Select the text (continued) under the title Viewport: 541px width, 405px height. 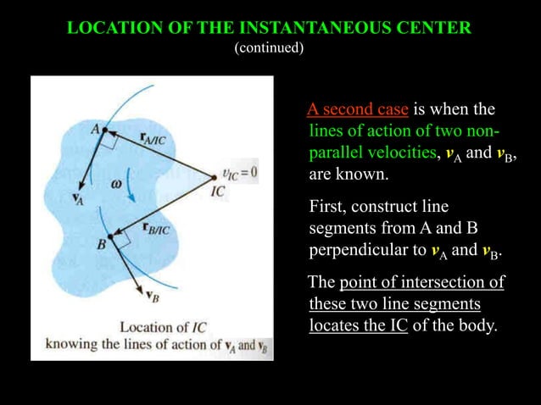(x=269, y=47)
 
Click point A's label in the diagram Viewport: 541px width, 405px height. (x=95, y=129)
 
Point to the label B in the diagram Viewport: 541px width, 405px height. (x=101, y=244)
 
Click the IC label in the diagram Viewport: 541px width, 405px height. (x=219, y=191)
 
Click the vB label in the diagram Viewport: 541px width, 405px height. (x=151, y=296)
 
